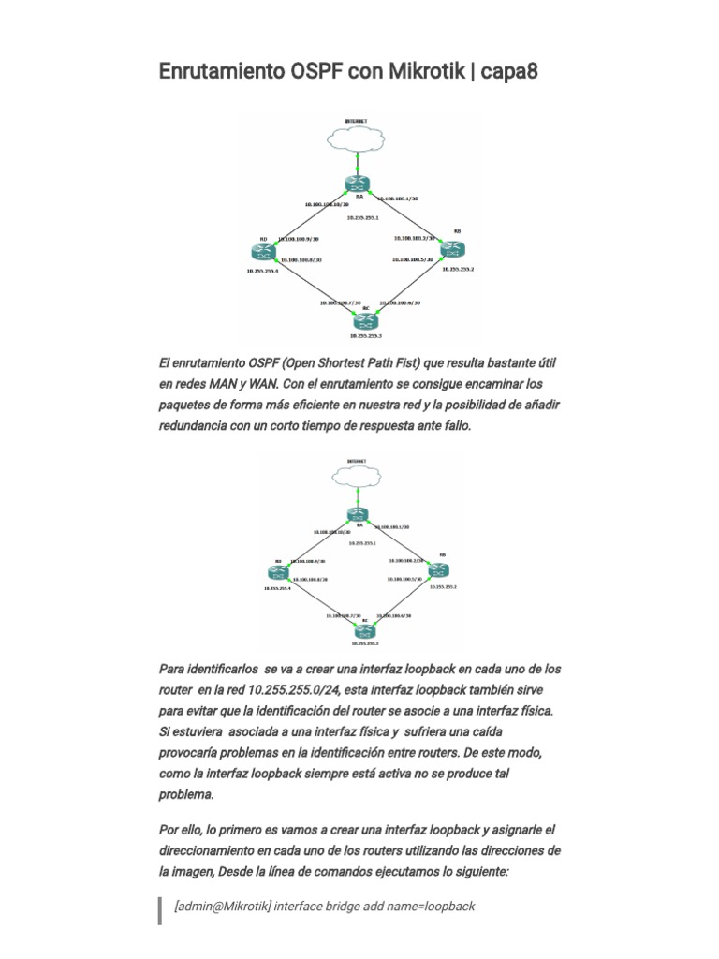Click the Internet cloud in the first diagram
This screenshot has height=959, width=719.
356,139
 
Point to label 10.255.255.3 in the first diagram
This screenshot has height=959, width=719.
365,335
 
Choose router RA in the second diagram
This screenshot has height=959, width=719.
358,514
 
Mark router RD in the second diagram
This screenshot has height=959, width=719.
278,573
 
